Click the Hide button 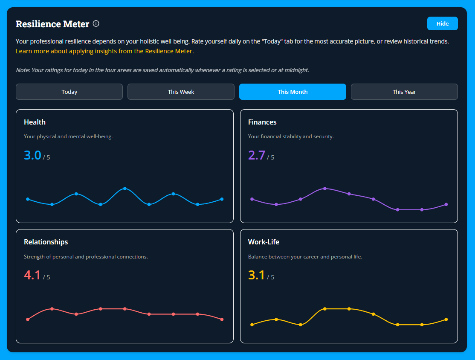click(442, 24)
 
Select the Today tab click(69, 92)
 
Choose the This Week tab click(181, 92)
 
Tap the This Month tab click(293, 92)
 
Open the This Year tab click(404, 92)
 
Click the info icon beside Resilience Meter click(96, 24)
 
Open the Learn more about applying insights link click(104, 51)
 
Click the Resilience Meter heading click(52, 24)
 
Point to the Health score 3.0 click(32, 155)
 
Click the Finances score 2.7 click(257, 155)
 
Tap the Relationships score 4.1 click(32, 275)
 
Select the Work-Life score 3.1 click(257, 275)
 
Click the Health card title click(35, 122)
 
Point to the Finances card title click(262, 122)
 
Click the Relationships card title click(46, 242)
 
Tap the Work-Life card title click(264, 242)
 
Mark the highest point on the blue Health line click(125, 189)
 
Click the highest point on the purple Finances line click(325, 189)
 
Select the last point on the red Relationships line click(222, 319)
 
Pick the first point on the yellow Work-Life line click(252, 325)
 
